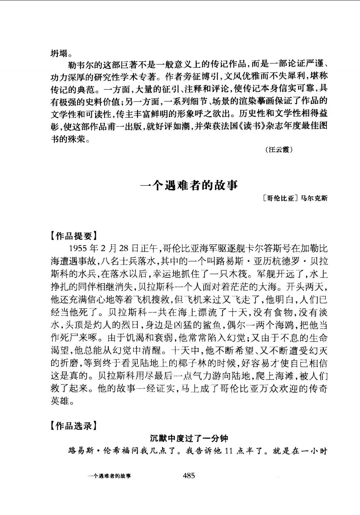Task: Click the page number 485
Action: [x=189, y=476]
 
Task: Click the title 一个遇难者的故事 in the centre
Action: [x=189, y=185]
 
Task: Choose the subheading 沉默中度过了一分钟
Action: [x=189, y=438]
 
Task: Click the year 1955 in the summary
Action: [x=78, y=248]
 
